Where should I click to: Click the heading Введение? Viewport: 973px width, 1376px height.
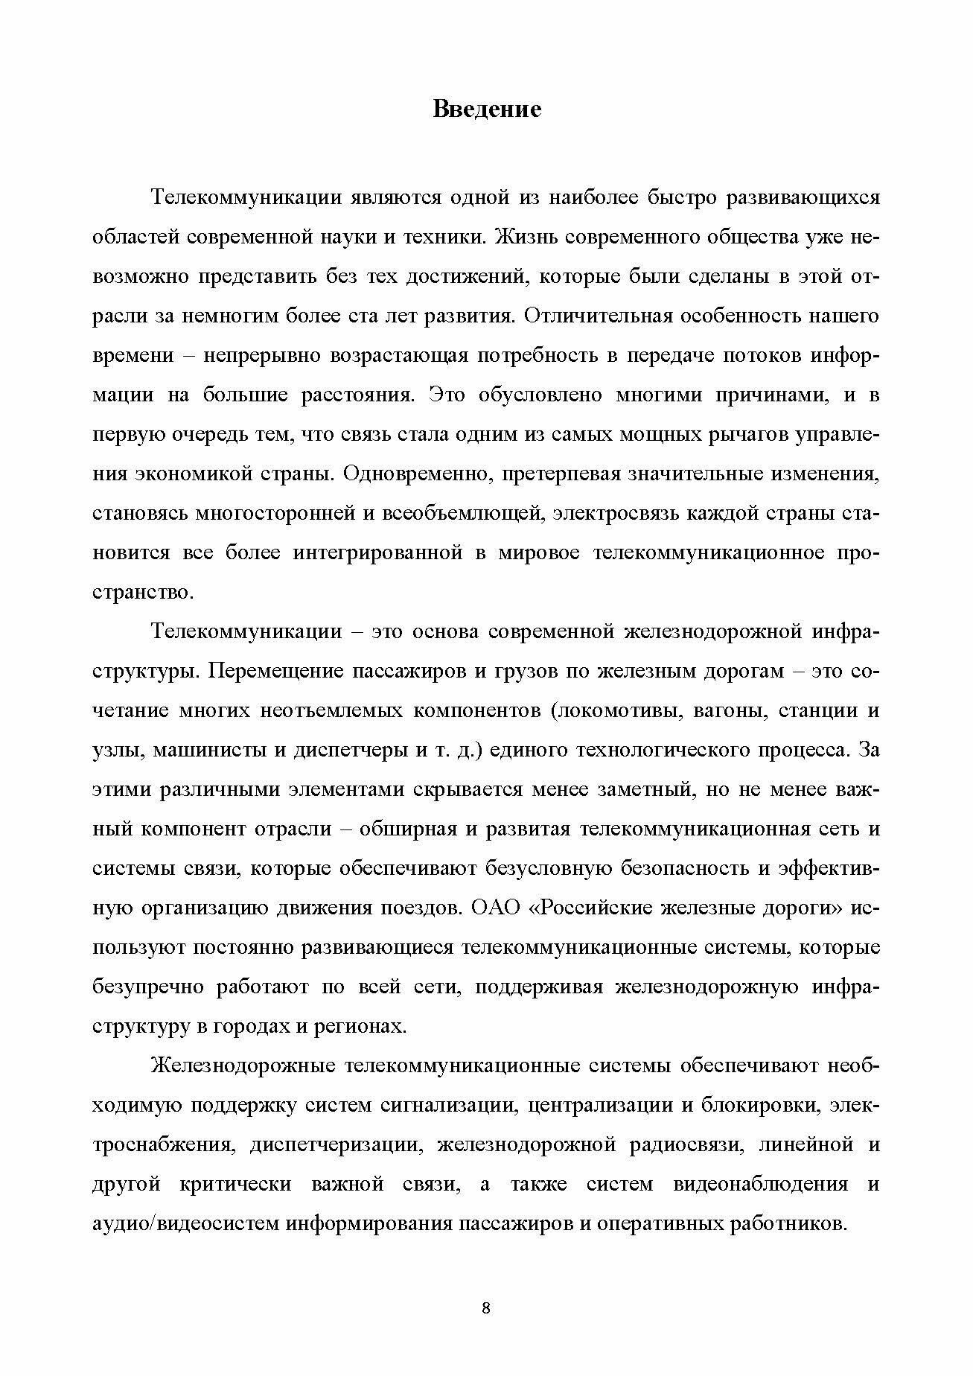(486, 110)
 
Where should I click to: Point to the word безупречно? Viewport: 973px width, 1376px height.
(148, 987)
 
